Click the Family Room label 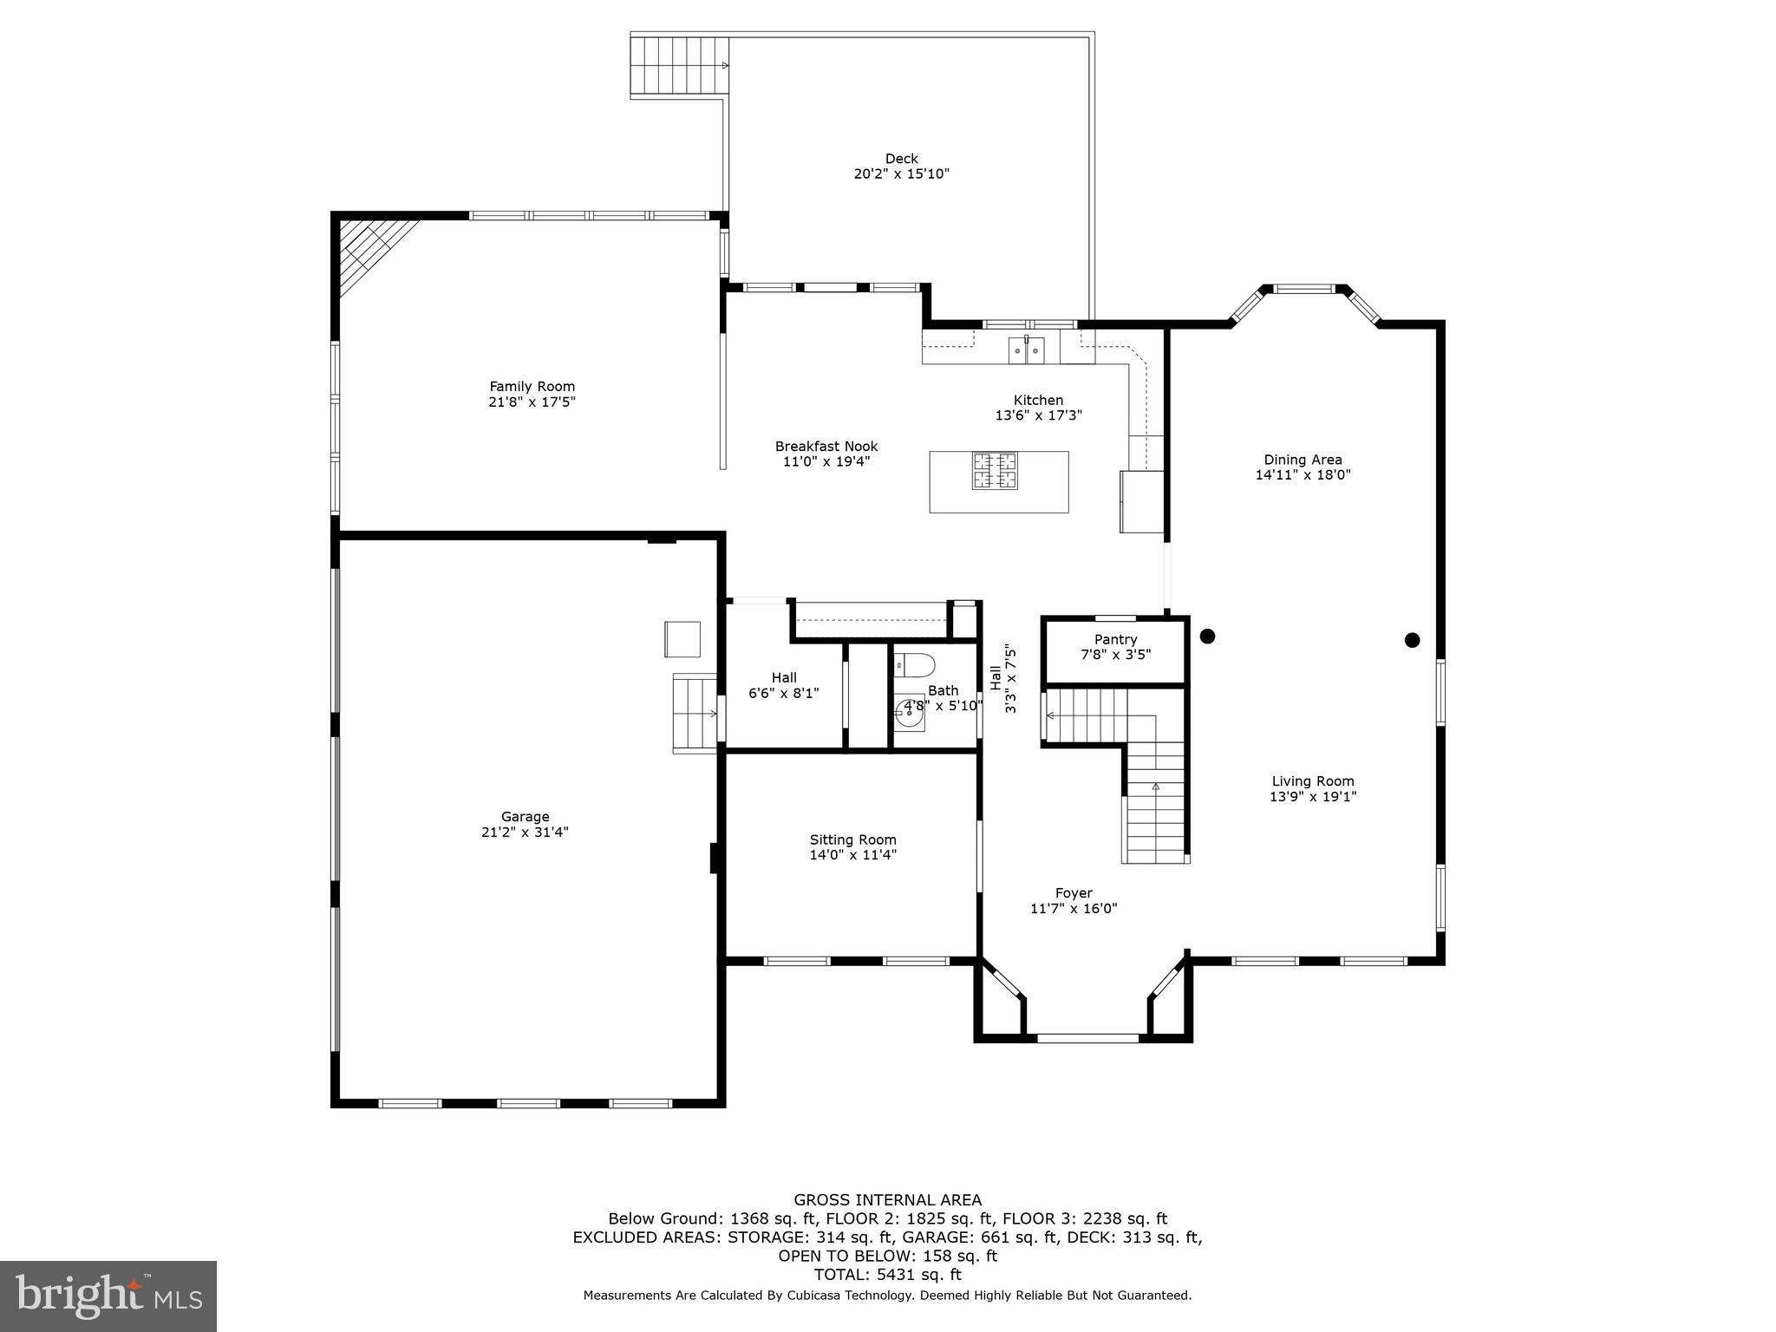coord(532,387)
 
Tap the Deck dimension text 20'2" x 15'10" coord(902,174)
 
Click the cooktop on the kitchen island coord(995,471)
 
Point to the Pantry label coord(1116,640)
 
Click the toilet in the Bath coord(914,665)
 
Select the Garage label coord(526,817)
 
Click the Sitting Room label coord(853,839)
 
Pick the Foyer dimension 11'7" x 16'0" coord(1074,909)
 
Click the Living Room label coord(1313,781)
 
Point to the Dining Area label coord(1303,460)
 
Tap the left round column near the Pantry coord(1207,637)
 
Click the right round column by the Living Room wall coord(1412,641)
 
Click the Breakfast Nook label coord(826,447)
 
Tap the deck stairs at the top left coord(679,66)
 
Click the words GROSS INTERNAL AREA coord(888,1200)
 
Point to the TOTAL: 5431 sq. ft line coord(888,1275)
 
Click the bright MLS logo coord(108,1296)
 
